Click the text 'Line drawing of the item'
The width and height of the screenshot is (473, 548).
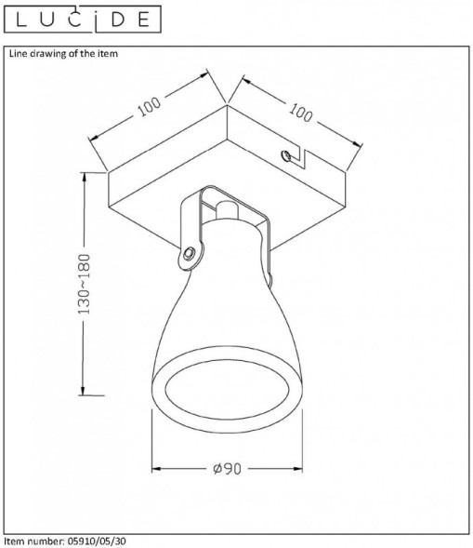(63, 54)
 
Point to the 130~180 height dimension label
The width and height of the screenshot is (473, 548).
(84, 283)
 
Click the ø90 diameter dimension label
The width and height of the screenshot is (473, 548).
(227, 469)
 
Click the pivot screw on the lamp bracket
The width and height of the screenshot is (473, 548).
(190, 252)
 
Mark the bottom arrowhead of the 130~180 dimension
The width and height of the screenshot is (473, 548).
(85, 391)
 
